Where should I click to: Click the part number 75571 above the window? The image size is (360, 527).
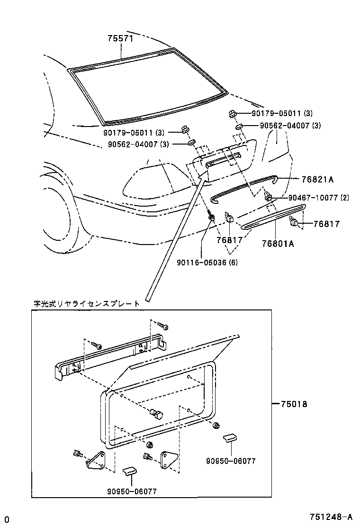click(120, 40)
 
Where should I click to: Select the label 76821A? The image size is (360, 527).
click(318, 180)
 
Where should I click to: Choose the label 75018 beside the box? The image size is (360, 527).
click(294, 404)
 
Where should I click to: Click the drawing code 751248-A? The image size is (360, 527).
click(331, 517)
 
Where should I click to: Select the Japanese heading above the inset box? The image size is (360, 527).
click(87, 303)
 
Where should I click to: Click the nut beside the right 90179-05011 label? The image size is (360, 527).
click(232, 114)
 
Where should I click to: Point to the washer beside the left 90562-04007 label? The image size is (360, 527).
click(191, 143)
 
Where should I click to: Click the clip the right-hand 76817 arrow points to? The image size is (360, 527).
click(294, 221)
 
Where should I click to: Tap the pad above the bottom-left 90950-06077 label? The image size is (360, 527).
click(130, 472)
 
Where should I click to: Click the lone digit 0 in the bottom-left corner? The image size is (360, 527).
click(7, 518)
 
